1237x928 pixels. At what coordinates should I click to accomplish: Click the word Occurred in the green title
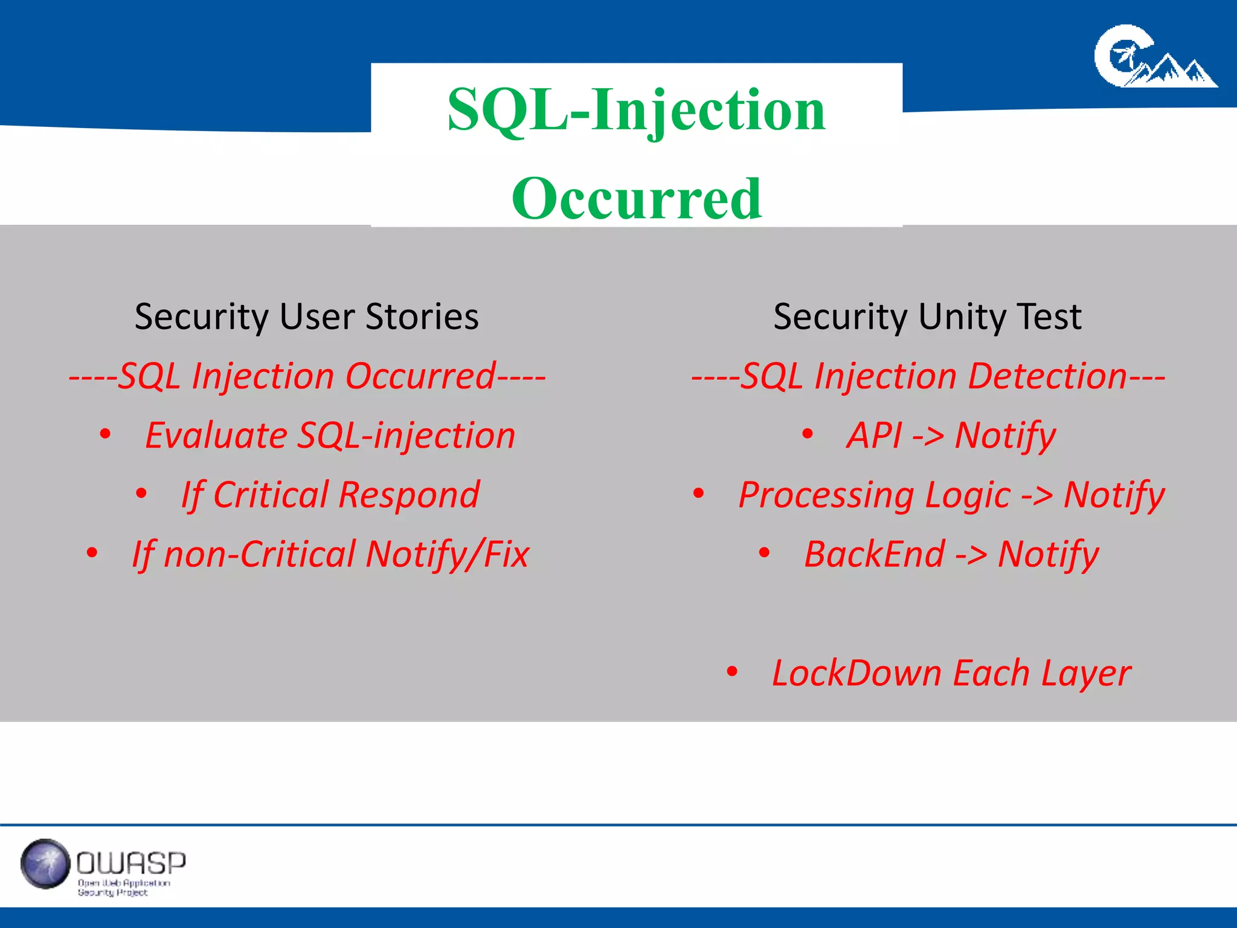(x=637, y=199)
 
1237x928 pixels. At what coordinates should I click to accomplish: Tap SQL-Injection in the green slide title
(x=637, y=110)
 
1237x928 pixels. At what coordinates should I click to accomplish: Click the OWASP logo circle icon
(x=45, y=864)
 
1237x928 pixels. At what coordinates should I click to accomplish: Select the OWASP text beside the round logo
(x=131, y=863)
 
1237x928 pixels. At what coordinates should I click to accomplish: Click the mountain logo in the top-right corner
(x=1155, y=57)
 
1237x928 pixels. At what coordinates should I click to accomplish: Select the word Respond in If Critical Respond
(x=409, y=495)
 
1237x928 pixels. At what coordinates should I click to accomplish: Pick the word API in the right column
(x=874, y=435)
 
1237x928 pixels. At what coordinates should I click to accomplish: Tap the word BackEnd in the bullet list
(x=874, y=554)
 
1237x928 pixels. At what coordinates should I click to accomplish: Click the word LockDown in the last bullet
(x=856, y=673)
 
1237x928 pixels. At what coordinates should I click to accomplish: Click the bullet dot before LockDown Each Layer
(x=732, y=671)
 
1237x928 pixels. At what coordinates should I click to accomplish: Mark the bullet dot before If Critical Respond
(x=141, y=494)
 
